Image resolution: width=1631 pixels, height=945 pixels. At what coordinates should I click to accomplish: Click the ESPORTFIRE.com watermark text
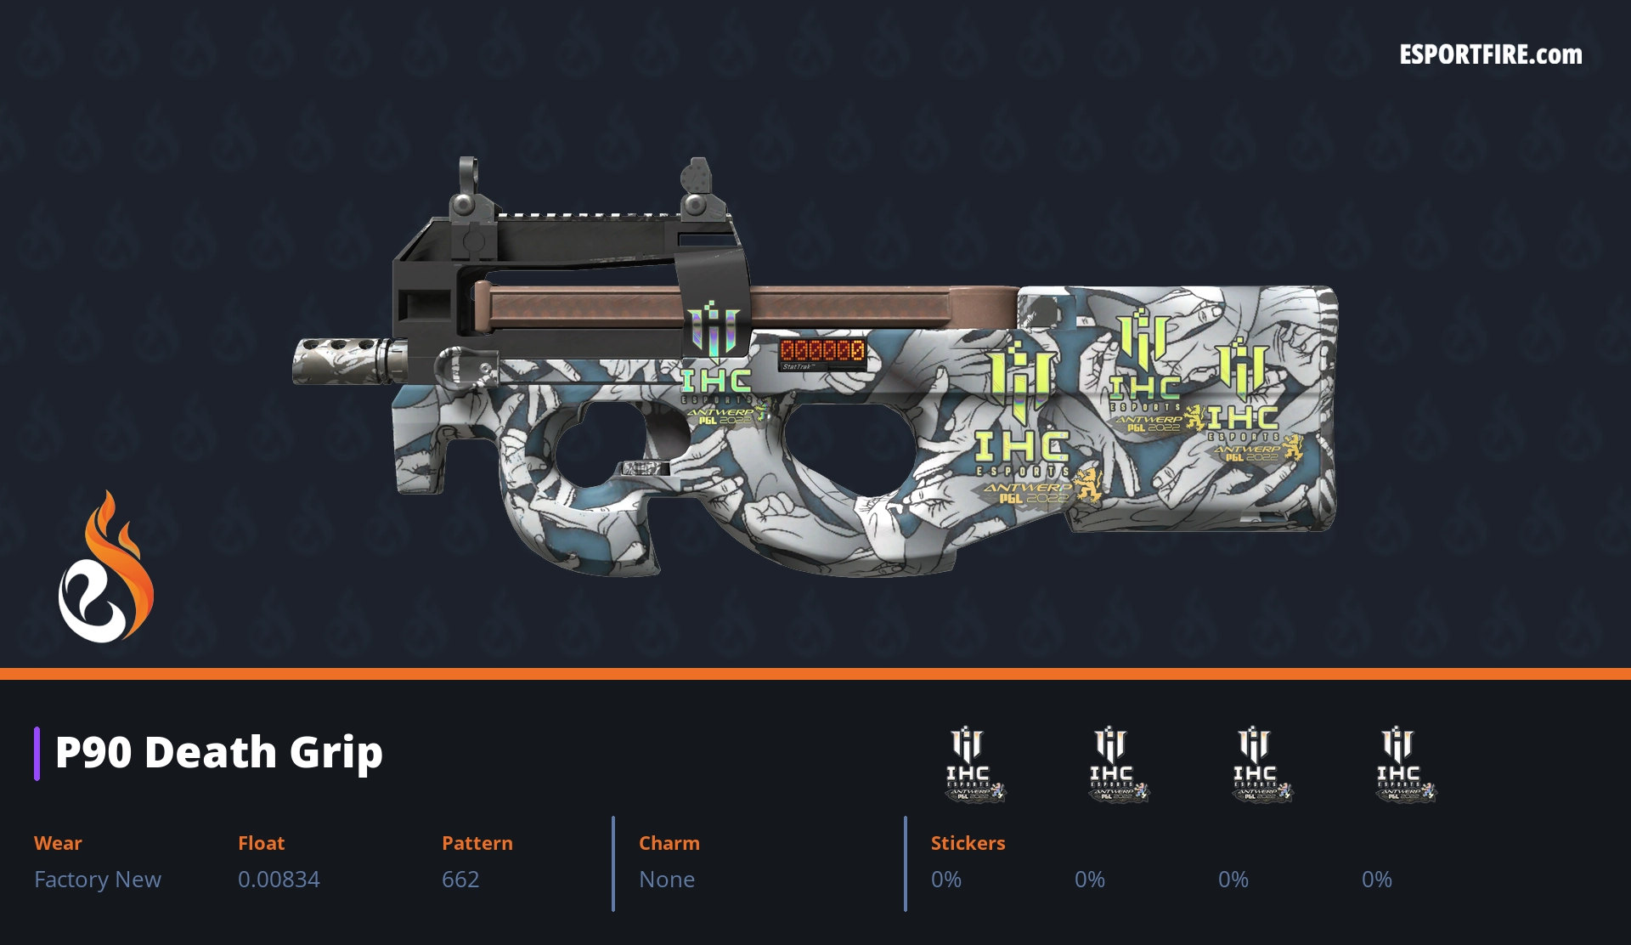point(1490,55)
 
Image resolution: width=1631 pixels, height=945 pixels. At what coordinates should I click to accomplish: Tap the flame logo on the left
point(105,569)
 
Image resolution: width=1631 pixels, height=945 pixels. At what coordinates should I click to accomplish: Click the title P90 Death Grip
point(219,753)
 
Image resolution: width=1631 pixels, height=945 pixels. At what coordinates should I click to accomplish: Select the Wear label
point(58,843)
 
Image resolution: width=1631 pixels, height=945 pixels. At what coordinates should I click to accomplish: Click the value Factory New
point(98,880)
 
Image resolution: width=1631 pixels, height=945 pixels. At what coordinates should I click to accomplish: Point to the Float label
point(261,843)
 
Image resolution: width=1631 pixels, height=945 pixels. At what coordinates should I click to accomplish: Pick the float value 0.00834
point(279,880)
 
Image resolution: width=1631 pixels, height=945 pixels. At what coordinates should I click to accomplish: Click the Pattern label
point(477,843)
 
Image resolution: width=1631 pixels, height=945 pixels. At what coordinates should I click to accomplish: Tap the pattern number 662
point(460,880)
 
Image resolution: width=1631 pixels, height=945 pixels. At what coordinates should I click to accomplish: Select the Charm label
point(669,843)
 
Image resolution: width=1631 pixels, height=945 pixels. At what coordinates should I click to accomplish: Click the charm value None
point(667,880)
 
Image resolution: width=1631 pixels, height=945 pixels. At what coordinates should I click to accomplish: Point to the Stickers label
point(968,843)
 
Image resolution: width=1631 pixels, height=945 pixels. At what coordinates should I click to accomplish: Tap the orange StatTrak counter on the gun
point(822,350)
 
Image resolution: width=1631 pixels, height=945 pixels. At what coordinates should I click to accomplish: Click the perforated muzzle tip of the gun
point(336,360)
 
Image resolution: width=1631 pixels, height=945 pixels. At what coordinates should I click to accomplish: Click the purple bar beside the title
point(37,753)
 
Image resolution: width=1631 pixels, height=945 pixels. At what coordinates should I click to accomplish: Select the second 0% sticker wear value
point(1089,880)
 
